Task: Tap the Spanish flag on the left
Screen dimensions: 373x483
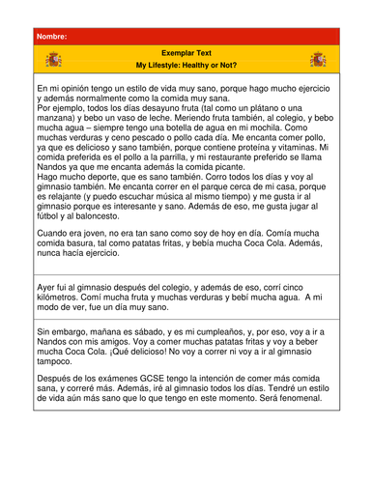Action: click(54, 61)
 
